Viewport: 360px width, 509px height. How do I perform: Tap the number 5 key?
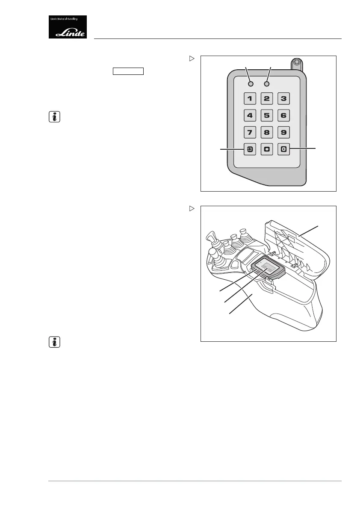[x=266, y=115]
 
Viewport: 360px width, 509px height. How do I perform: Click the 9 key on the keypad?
[x=283, y=132]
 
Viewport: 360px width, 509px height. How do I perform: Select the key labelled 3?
[x=283, y=98]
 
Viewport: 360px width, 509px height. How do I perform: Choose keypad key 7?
[x=250, y=132]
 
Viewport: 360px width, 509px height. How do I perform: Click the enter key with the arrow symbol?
[x=250, y=149]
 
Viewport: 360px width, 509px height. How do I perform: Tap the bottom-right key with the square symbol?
[x=283, y=149]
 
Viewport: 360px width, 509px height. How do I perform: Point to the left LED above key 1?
[x=251, y=84]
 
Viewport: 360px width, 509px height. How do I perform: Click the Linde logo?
[x=68, y=27]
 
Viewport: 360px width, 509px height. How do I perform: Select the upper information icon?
[x=54, y=117]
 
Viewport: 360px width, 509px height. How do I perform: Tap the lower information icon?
[x=54, y=342]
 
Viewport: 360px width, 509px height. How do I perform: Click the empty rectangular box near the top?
[x=128, y=71]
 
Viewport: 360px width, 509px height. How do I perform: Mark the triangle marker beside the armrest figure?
[x=192, y=208]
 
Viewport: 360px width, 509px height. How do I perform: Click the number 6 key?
[x=283, y=115]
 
